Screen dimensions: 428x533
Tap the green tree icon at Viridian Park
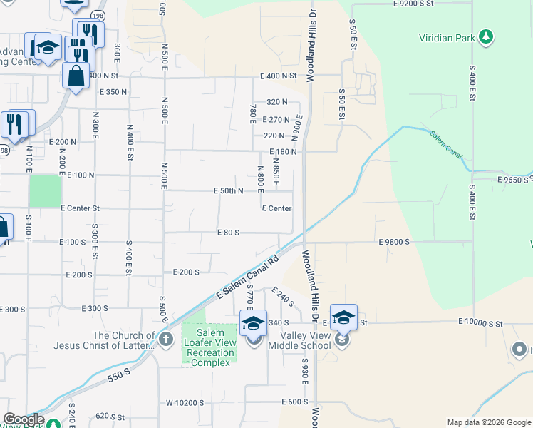pos(486,36)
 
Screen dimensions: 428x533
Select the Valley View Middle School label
pos(299,341)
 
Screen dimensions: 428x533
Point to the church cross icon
pos(165,339)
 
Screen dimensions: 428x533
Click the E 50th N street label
pos(229,191)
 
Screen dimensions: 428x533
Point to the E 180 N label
pos(283,152)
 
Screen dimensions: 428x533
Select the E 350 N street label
pos(113,92)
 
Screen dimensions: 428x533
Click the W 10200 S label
pos(185,402)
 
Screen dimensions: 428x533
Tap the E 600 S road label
pos(294,402)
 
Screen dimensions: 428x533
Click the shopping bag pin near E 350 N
pos(76,75)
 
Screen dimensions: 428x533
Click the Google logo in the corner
pos(23,420)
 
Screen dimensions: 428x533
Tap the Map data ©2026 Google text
pos(489,422)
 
